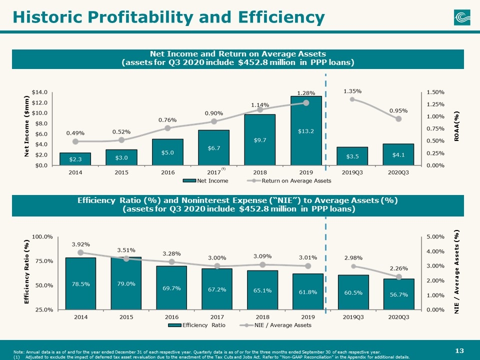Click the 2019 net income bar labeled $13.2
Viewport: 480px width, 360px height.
click(306, 130)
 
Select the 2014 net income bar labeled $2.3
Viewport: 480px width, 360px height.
click(75, 159)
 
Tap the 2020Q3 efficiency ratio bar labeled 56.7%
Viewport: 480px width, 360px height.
click(398, 294)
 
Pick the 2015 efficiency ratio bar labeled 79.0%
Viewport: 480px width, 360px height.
click(126, 283)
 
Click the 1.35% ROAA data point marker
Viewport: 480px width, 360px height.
click(352, 99)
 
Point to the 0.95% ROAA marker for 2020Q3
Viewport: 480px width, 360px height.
click(398, 119)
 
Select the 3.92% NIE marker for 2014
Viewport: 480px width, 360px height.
click(81, 252)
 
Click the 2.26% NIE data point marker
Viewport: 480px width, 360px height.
click(398, 276)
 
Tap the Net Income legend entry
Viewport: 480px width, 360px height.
click(205, 180)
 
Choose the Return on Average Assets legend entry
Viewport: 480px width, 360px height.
click(289, 180)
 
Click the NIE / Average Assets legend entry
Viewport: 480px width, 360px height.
click(275, 325)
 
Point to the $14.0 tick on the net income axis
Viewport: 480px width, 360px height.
click(39, 92)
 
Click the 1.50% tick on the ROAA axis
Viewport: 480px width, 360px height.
click(435, 92)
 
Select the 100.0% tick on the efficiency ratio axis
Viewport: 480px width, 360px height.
click(42, 236)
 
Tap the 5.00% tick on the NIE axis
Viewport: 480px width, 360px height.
click(435, 236)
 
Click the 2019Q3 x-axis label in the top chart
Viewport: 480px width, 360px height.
click(352, 172)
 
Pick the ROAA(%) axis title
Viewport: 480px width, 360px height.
click(456, 126)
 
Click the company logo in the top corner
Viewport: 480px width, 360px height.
click(462, 17)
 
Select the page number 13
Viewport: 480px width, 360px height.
click(459, 350)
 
